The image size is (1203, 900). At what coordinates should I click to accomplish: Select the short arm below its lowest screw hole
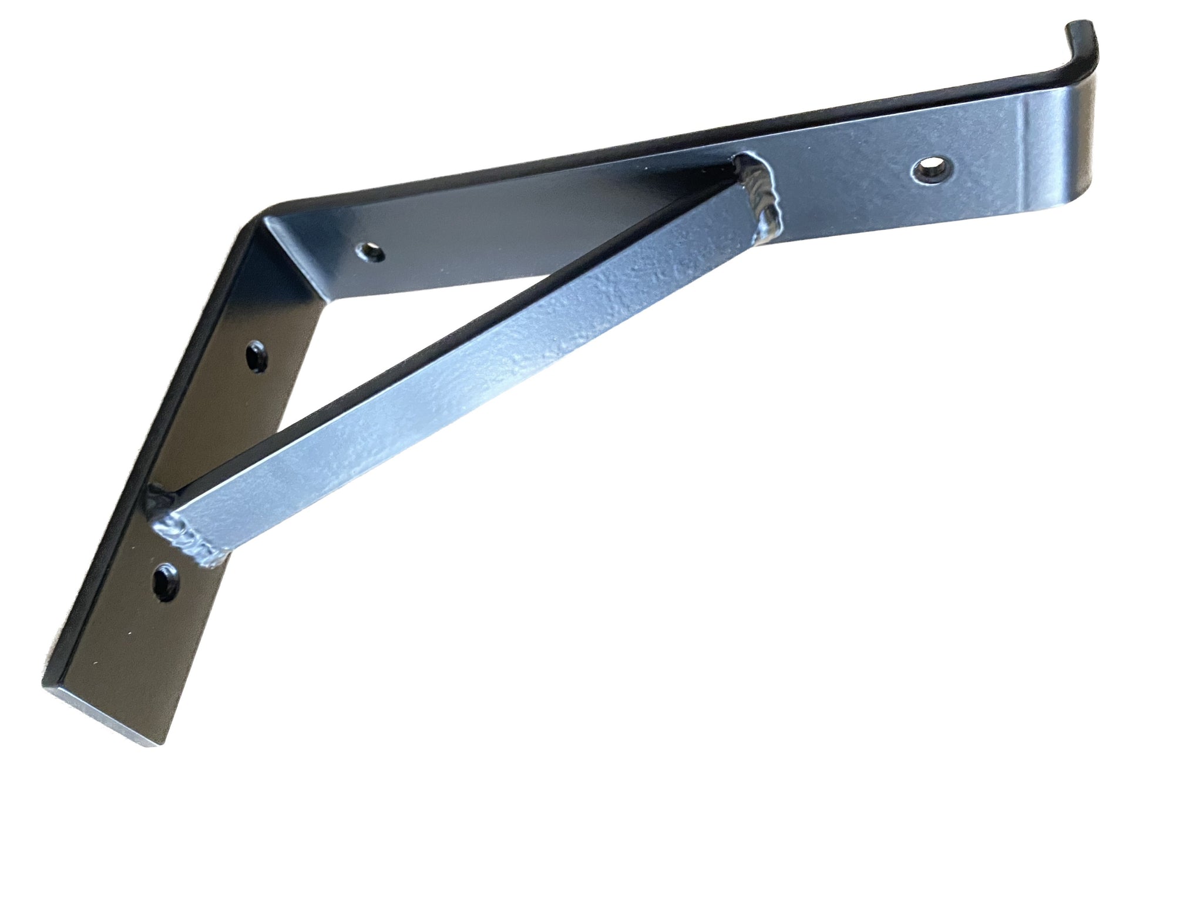[x=135, y=653]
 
